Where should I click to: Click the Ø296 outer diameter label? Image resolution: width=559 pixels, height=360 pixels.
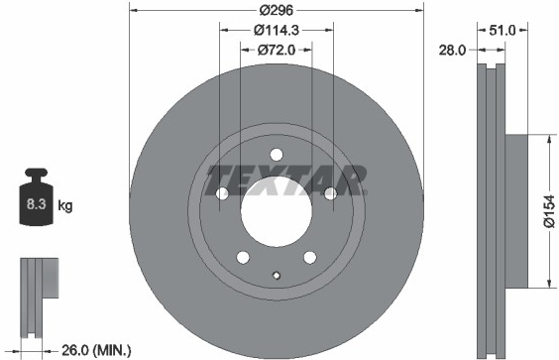pos(277,10)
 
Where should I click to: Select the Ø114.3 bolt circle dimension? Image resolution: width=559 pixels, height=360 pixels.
pos(277,31)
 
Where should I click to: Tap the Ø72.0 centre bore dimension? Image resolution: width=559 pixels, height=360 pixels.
pos(277,51)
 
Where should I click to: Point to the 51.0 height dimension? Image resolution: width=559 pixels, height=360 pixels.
pos(502,31)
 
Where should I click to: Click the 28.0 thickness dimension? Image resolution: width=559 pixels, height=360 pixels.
pos(452,51)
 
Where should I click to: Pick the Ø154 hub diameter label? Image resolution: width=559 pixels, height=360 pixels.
pos(549,211)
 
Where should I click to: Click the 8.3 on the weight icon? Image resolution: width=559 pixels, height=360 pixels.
pos(37,204)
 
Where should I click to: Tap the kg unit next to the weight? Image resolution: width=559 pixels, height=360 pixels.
pos(65,205)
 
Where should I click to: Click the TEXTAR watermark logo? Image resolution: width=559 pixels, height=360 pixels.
pos(287,180)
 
